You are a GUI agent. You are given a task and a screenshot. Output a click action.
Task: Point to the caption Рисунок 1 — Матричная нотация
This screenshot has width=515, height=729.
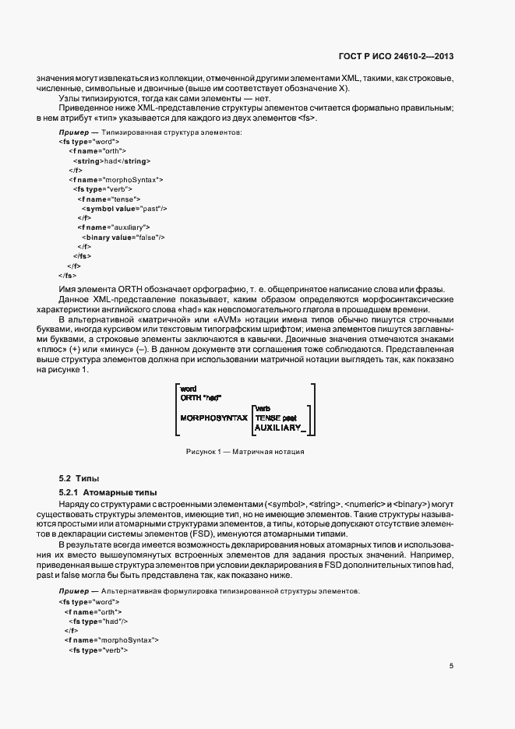coord(244,452)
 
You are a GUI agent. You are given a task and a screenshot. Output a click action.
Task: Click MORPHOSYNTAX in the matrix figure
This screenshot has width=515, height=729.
coord(213,417)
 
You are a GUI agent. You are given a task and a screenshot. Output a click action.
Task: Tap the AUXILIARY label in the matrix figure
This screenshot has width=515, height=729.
coord(279,427)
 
